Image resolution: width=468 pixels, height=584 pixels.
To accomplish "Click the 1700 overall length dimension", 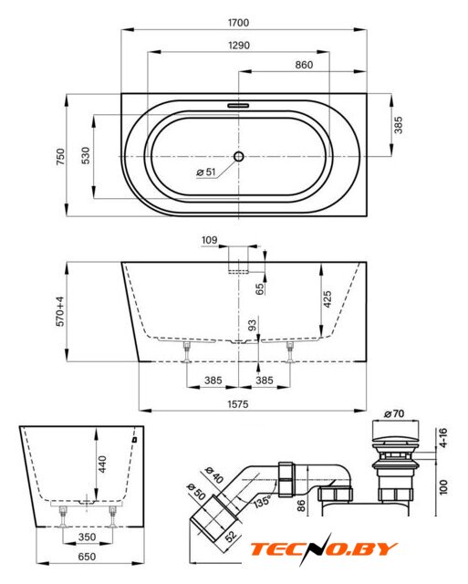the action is click(238, 23).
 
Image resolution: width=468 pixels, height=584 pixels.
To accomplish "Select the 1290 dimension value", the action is click(239, 46).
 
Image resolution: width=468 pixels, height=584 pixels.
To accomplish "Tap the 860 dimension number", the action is click(304, 65).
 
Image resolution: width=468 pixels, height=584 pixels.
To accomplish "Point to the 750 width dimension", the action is click(60, 157).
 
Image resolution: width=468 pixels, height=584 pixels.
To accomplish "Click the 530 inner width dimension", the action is click(86, 156).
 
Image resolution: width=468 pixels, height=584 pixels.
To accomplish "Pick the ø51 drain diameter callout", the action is click(206, 172).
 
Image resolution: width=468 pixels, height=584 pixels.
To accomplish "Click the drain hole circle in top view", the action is click(239, 156).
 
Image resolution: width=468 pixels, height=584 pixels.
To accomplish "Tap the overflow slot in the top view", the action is click(238, 105).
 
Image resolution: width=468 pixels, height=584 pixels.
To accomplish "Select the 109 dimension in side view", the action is click(209, 240).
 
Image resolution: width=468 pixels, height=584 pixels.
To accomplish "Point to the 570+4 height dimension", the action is click(60, 312).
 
